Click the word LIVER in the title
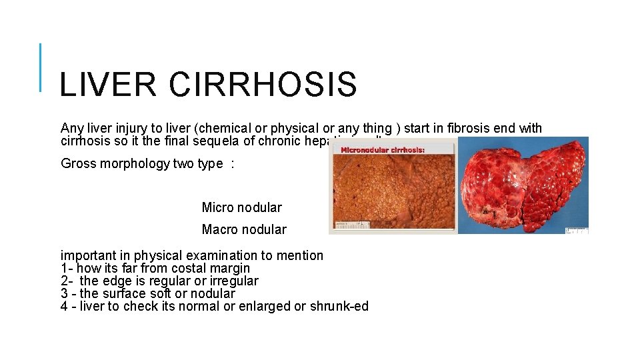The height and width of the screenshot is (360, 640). coord(107,85)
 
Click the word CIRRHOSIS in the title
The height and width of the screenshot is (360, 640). coord(263,85)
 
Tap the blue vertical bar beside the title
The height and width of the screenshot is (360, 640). coord(41,67)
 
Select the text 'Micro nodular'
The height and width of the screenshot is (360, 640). coord(241,207)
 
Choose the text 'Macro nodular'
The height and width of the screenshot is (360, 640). coord(244,229)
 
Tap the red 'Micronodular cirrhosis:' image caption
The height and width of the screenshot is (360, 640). coord(383,150)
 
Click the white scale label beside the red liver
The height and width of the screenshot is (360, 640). coord(577,230)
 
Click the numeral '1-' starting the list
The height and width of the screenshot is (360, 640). coord(67,268)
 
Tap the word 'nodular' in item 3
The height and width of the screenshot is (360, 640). coord(213,293)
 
